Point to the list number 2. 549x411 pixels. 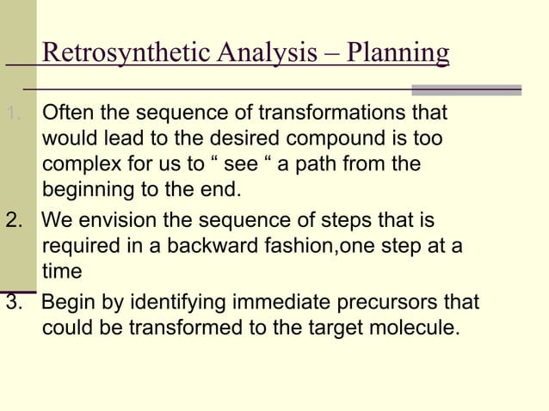click(x=13, y=221)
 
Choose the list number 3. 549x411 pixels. click(x=13, y=304)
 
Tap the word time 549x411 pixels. click(x=61, y=271)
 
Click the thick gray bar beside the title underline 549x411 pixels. click(x=466, y=89)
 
